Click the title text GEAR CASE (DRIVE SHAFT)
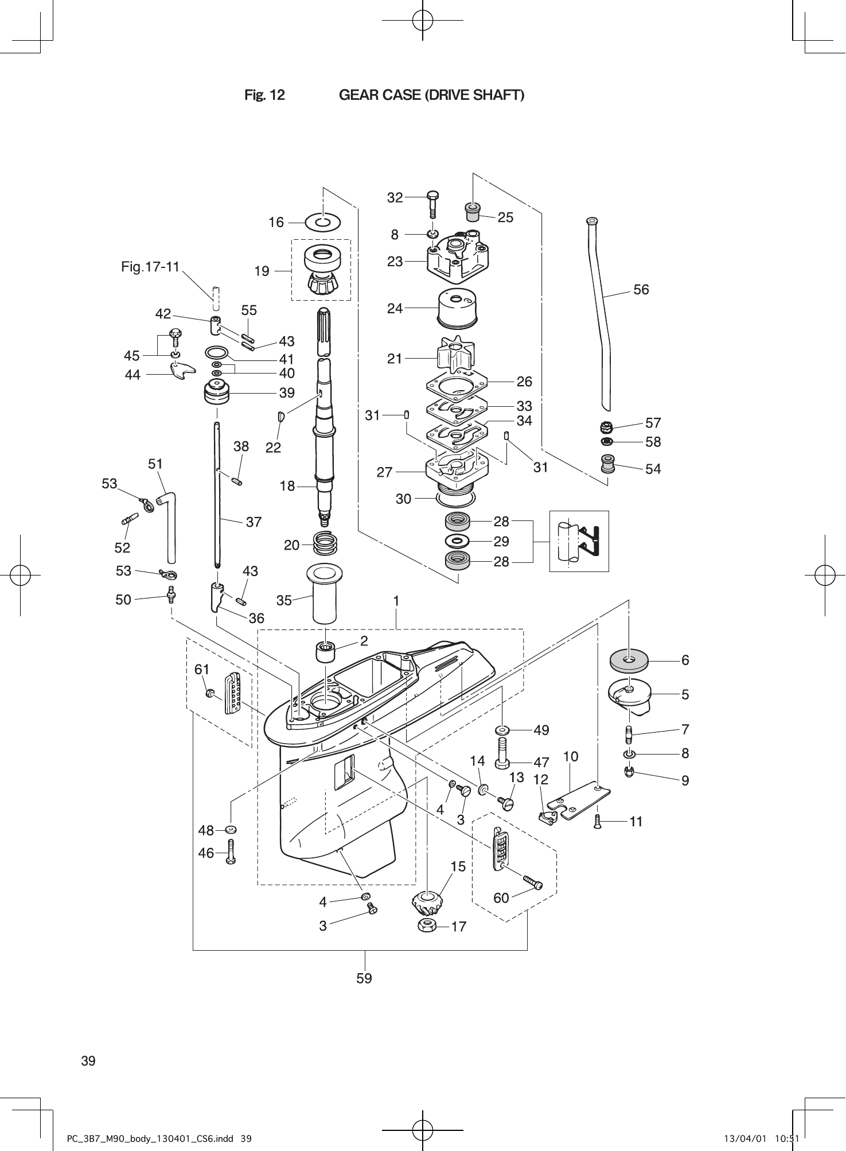point(431,95)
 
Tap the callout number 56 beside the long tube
point(641,290)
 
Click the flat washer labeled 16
point(323,221)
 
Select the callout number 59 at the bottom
point(364,978)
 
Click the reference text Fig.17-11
point(151,267)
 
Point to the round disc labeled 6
point(629,661)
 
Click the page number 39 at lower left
point(88,1061)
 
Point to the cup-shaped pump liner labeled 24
point(457,308)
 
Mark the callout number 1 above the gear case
point(396,601)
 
